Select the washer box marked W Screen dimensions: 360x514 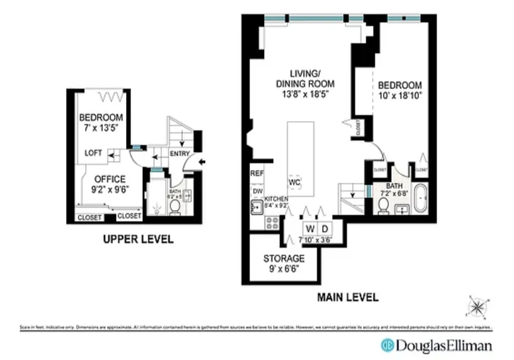point(310,227)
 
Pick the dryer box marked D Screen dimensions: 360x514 point(323,227)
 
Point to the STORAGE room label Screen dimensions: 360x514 point(284,259)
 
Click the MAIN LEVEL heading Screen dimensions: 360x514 point(347,298)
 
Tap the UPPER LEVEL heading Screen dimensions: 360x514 point(138,239)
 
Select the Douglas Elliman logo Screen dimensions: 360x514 point(436,345)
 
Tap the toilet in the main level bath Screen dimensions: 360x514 point(383,206)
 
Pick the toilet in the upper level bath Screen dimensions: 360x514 point(175,206)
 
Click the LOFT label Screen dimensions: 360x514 point(93,153)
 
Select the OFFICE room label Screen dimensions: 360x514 point(109,179)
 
